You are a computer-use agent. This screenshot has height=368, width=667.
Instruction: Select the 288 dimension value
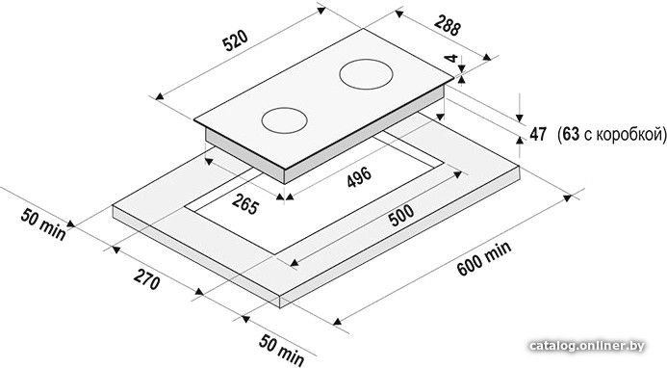tap(448, 26)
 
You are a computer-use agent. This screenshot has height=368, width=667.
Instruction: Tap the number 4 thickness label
tap(452, 58)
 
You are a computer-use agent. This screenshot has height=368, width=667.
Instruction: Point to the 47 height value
tap(538, 134)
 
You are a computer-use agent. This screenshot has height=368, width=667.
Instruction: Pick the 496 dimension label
tap(359, 176)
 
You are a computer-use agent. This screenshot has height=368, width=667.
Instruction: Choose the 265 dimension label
tap(245, 203)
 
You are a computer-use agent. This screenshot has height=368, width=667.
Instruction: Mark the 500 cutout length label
tap(400, 216)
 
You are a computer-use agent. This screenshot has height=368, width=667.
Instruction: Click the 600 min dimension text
tap(484, 258)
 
